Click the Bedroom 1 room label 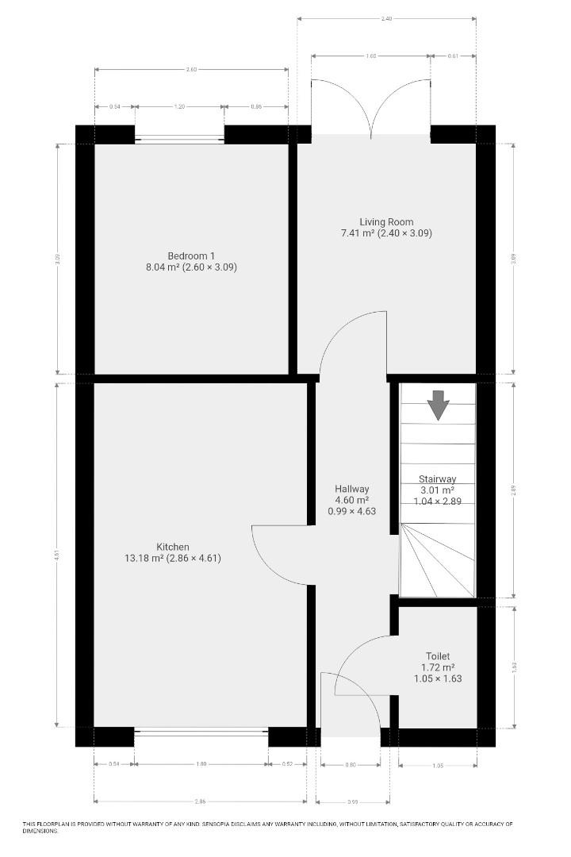[191, 256]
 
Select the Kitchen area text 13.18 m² [144, 558]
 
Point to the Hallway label [351, 489]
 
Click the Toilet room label [438, 656]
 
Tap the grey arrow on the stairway [438, 405]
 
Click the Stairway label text [437, 479]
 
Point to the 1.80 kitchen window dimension [201, 764]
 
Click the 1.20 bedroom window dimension [179, 106]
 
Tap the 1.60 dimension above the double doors [371, 56]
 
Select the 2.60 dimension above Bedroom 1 [191, 70]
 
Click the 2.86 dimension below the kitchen [200, 799]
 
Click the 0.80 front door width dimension [351, 765]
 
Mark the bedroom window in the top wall [179, 139]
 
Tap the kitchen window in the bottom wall [201, 732]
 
